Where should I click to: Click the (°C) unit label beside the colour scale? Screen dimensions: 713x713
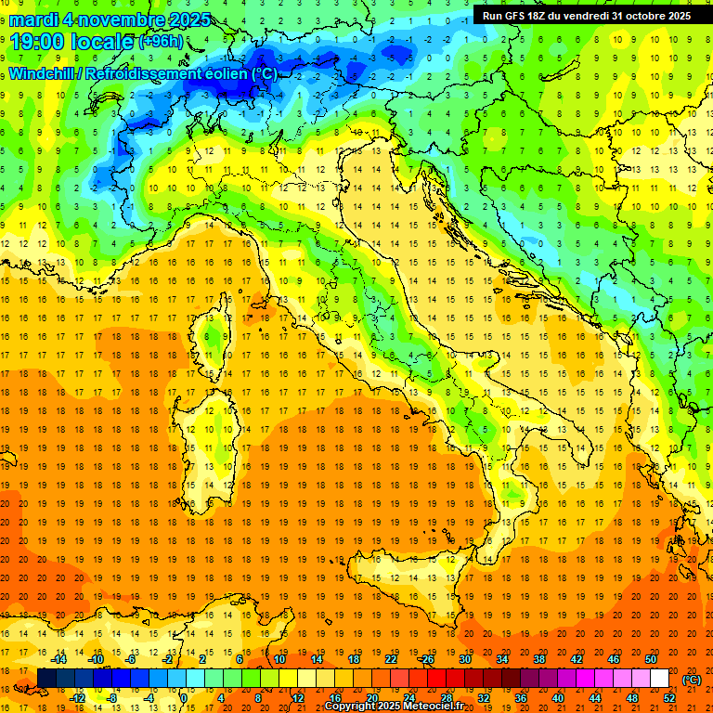tap(692, 680)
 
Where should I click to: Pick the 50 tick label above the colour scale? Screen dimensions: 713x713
tap(651, 659)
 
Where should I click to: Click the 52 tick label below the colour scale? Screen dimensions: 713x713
tap(669, 697)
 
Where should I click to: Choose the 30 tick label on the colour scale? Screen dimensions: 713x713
tap(465, 659)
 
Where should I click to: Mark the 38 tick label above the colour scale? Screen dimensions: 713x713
tap(539, 659)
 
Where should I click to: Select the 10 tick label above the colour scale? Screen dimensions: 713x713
tap(279, 659)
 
